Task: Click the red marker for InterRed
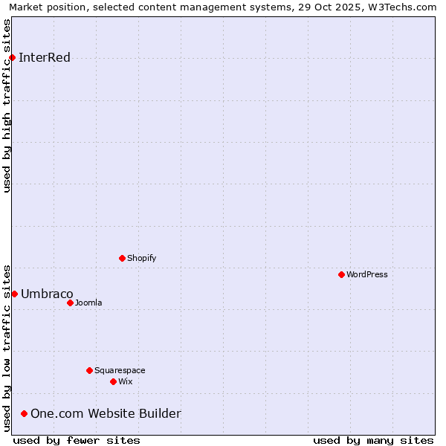pos(12,58)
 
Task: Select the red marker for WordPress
pos(341,274)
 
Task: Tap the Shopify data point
pos(122,258)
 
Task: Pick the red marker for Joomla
pos(70,303)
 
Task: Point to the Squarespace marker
pos(89,370)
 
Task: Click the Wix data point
pos(113,381)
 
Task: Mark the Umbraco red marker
pos(14,294)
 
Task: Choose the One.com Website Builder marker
pos(25,413)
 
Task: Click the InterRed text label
pos(45,58)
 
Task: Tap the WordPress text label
pos(367,274)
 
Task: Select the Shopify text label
pos(142,258)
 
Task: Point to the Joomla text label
pos(88,303)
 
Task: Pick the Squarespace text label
pos(120,370)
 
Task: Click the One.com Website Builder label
pos(106,413)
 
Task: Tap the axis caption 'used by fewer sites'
pos(77,440)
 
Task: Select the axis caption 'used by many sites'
pos(373,440)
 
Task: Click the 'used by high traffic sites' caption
pos(7,106)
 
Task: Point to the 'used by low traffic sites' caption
pos(7,347)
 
